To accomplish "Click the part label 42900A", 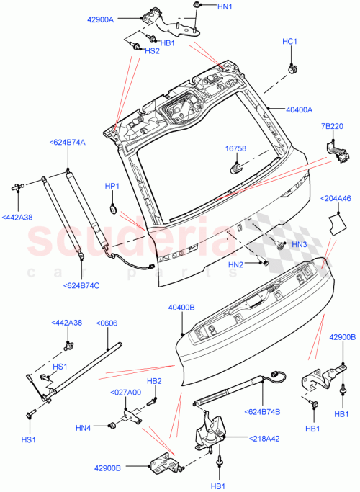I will (x=121, y=19).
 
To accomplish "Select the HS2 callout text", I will (x=152, y=51).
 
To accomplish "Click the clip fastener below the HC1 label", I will (x=292, y=68).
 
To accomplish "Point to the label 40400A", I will (x=299, y=110).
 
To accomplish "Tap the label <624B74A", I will (x=67, y=143).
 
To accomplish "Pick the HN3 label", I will (x=300, y=245).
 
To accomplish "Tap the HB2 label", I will (x=154, y=381).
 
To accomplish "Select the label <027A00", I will (x=125, y=393).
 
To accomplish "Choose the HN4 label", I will (x=83, y=427).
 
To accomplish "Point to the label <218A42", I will (x=266, y=438).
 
